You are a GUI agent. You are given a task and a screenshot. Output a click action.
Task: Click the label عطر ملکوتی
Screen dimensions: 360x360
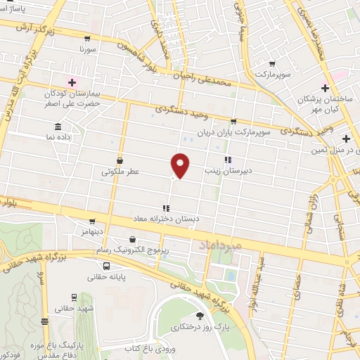click(120, 171)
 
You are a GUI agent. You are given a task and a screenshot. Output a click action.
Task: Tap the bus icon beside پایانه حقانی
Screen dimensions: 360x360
click(106, 266)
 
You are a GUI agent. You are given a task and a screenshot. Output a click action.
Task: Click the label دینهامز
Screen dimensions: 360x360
click(92, 231)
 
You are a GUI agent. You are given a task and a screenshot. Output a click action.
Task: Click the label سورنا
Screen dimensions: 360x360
click(86, 50)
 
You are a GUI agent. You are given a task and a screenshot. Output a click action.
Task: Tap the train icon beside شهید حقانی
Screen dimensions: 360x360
click(74, 297)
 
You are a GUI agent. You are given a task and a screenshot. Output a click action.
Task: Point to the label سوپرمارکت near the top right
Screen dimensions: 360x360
click(273, 74)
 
